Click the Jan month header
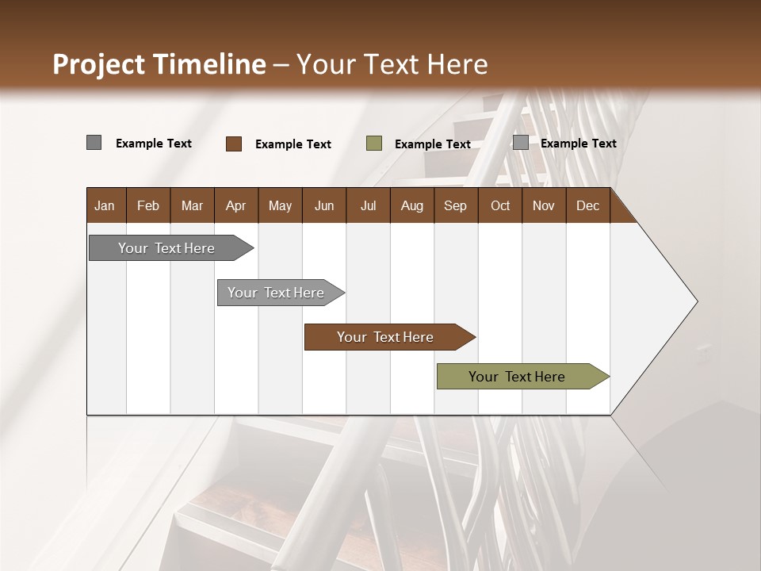(x=105, y=206)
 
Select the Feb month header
(x=148, y=206)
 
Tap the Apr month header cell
(x=235, y=206)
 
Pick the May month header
(x=280, y=206)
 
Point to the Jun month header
(x=324, y=206)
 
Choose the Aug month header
(x=411, y=206)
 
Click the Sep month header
(x=455, y=206)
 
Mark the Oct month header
(x=500, y=206)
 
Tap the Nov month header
(x=544, y=206)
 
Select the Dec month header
(x=587, y=206)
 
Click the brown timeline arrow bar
(x=385, y=337)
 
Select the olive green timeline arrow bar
(x=517, y=377)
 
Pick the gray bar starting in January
(x=166, y=248)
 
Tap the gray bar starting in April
(x=276, y=293)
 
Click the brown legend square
(x=234, y=144)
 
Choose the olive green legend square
(x=374, y=144)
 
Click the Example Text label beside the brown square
(x=293, y=144)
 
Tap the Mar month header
(x=192, y=206)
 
